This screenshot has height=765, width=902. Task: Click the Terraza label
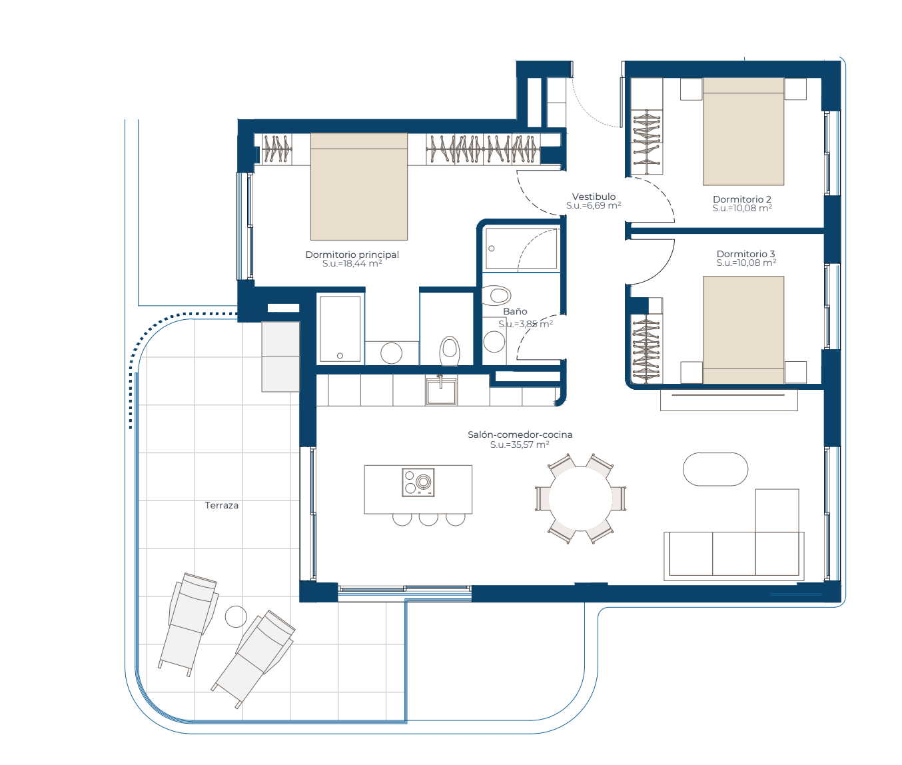click(222, 505)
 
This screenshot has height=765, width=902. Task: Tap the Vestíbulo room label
click(594, 197)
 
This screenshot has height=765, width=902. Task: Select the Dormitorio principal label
click(352, 255)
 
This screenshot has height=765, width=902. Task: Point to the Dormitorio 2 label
click(742, 199)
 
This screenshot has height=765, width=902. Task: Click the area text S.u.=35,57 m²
click(520, 444)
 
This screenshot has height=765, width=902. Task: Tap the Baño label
click(515, 311)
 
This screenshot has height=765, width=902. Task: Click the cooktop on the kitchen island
click(418, 482)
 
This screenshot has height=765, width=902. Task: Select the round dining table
click(580, 498)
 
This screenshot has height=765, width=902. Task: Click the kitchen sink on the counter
click(441, 390)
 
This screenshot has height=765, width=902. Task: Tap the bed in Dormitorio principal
click(358, 187)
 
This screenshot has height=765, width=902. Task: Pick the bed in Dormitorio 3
click(743, 330)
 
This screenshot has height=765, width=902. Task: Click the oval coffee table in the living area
click(715, 469)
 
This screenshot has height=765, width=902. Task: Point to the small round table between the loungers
click(236, 616)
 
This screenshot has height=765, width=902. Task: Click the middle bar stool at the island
click(428, 520)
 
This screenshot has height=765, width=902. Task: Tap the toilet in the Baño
click(496, 295)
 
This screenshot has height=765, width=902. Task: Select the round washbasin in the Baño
click(494, 341)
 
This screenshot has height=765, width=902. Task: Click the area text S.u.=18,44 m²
click(352, 264)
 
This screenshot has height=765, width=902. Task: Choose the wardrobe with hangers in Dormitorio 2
click(647, 143)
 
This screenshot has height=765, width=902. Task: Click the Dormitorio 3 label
click(745, 254)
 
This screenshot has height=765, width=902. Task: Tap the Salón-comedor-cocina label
click(520, 434)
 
